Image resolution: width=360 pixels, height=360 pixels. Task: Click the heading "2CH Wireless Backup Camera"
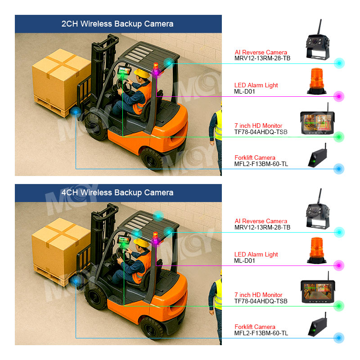[117, 24]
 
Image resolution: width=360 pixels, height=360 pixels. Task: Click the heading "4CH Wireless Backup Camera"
[117, 193]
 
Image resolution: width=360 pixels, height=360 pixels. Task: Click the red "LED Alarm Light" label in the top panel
[256, 85]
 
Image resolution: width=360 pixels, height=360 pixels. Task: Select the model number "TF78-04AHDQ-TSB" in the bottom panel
[261, 301]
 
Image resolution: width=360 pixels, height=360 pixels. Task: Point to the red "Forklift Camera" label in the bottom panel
[255, 327]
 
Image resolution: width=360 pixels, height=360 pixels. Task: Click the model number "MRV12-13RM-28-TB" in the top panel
[262, 58]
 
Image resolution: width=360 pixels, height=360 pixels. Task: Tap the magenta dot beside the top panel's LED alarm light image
[339, 96]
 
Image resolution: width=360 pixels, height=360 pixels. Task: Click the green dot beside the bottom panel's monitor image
[339, 306]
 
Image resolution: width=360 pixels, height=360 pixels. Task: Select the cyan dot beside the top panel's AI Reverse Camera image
[339, 63]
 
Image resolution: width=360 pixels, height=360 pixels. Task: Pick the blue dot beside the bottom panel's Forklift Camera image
[339, 337]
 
